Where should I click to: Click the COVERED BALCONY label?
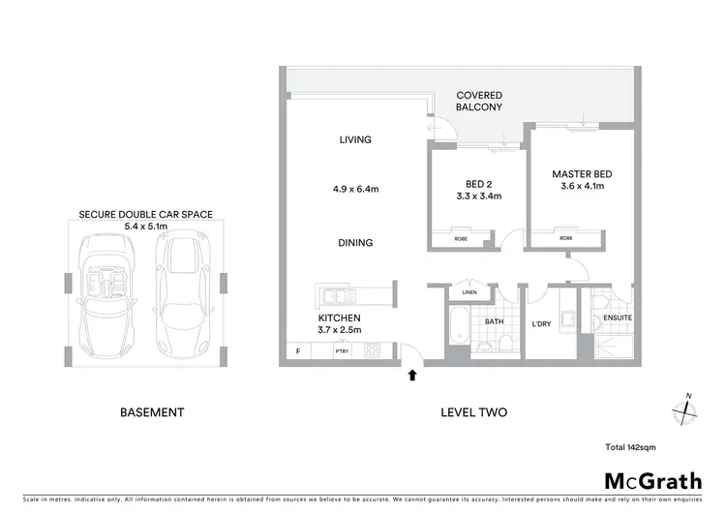pos(480,102)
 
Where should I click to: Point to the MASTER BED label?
pos(583,180)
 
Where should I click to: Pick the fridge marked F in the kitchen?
pos(297,352)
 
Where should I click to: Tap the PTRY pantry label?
pos(342,352)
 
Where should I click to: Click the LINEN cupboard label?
pos(469,292)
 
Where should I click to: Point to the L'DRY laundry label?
pos(541,324)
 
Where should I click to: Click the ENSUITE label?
pos(617,317)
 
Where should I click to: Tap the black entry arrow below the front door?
pos(413,375)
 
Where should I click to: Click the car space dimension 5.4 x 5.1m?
pos(145,226)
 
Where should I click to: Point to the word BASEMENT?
pos(152,412)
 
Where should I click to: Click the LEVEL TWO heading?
pos(473,412)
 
